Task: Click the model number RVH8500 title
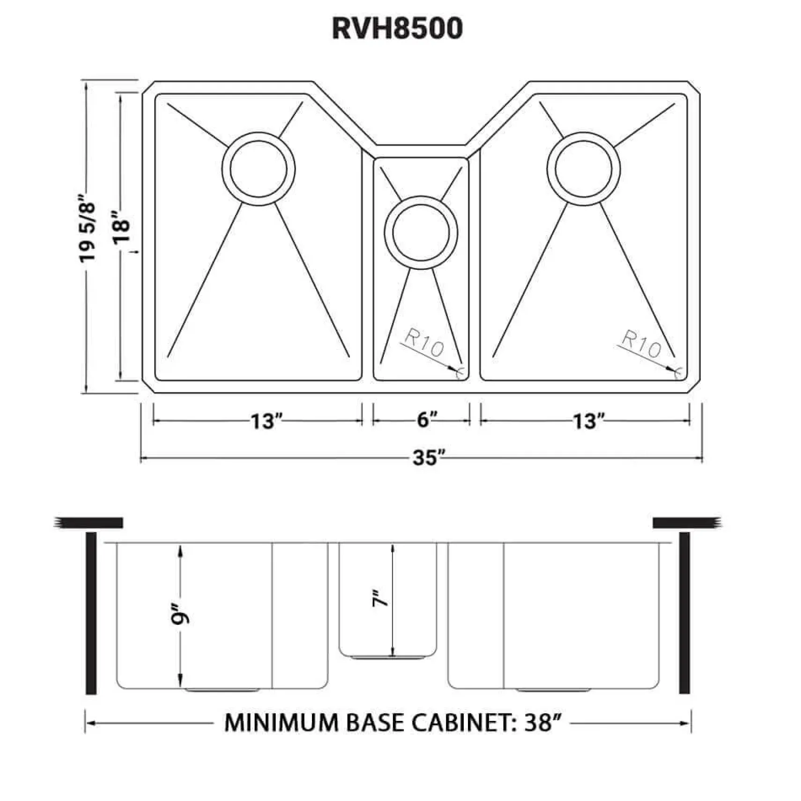[397, 28]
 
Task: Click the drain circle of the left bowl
[259, 169]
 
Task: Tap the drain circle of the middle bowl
[421, 232]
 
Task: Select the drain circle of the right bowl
[583, 169]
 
